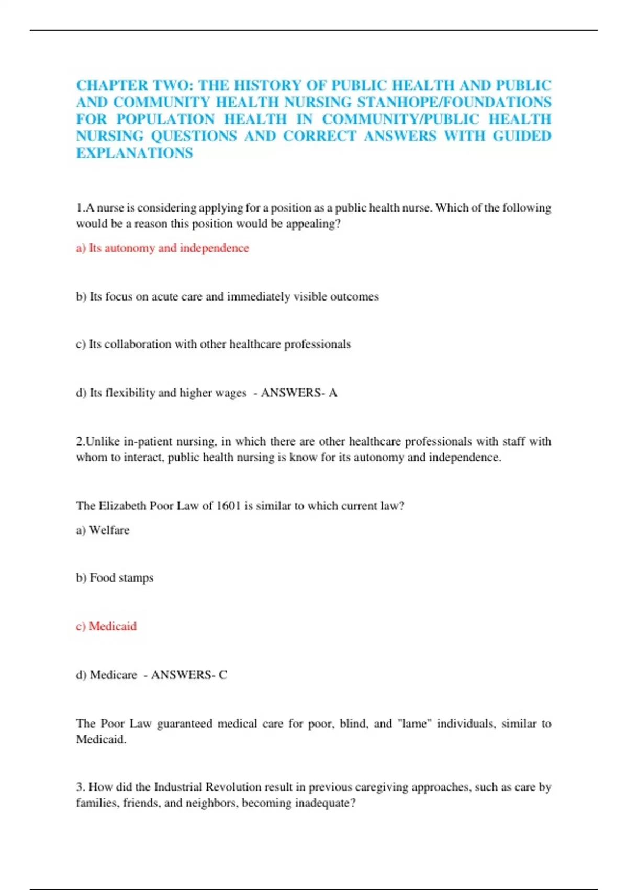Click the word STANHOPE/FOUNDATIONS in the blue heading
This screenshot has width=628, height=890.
click(x=454, y=102)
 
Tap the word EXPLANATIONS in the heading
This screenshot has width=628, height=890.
click(x=134, y=153)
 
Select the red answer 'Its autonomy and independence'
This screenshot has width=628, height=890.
click(x=162, y=248)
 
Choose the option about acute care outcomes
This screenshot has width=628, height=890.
click(x=227, y=297)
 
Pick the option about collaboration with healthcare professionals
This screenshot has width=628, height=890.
click(x=213, y=344)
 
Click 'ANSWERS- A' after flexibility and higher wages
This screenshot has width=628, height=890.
click(x=299, y=393)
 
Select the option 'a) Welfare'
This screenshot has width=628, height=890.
click(x=103, y=530)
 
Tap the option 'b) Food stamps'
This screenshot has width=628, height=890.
click(x=115, y=578)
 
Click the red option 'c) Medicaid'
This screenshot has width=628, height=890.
click(x=106, y=627)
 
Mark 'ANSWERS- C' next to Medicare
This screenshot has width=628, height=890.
click(x=189, y=675)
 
